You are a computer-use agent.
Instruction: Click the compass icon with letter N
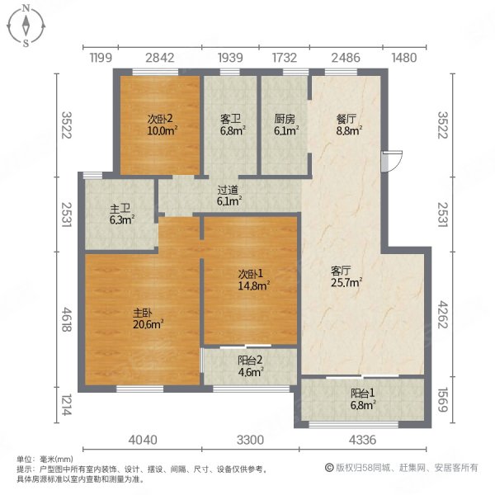[26, 26]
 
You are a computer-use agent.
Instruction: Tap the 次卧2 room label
[159, 118]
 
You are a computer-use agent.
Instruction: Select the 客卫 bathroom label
[230, 118]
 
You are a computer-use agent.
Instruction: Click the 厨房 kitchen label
[285, 118]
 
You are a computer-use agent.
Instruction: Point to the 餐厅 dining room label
[347, 118]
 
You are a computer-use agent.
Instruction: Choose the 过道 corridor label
[228, 190]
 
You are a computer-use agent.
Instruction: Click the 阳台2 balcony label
[249, 360]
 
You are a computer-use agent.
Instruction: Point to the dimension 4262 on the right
[444, 313]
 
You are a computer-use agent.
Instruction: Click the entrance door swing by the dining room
[392, 161]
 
